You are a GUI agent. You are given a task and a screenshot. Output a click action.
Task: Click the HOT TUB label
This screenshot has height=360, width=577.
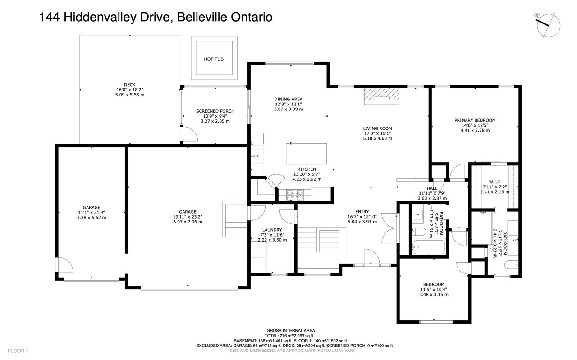tap(214, 59)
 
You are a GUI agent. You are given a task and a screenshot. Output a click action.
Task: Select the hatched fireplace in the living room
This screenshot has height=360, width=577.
tap(381, 96)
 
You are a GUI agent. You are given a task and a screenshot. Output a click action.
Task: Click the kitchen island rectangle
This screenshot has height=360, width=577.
tap(306, 154)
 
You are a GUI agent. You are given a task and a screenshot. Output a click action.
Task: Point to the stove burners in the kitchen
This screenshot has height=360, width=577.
tap(295, 195)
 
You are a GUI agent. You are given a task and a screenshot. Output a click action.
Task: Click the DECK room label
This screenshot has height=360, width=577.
tap(129, 85)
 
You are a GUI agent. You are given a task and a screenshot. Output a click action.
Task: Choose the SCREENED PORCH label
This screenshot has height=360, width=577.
tap(215, 111)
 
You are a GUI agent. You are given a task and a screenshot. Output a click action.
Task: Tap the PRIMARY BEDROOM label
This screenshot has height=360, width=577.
tap(475, 120)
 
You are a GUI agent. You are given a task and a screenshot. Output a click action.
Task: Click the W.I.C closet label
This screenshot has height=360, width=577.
tap(495, 182)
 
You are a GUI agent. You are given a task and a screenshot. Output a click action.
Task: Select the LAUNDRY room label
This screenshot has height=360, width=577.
tap(272, 230)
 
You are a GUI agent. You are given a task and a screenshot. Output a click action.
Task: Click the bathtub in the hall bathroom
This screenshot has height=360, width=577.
tap(428, 247)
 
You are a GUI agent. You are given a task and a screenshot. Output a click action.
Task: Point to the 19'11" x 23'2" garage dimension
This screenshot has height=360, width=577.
tap(188, 217)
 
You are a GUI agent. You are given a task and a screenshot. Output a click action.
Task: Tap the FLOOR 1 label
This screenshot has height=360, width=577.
tap(18, 351)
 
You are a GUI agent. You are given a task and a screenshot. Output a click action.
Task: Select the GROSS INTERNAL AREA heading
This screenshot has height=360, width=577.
tap(291, 331)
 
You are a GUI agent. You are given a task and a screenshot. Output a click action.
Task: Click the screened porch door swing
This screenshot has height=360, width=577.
tap(190, 134)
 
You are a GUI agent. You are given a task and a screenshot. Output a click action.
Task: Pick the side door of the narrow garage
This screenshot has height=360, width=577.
tap(64, 264)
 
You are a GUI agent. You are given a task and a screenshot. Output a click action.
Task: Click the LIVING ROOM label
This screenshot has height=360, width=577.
tap(377, 128)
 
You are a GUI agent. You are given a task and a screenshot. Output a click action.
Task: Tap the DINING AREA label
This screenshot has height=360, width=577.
tap(288, 99)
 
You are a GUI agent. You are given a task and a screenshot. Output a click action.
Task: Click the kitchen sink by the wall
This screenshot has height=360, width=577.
tap(257, 156)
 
